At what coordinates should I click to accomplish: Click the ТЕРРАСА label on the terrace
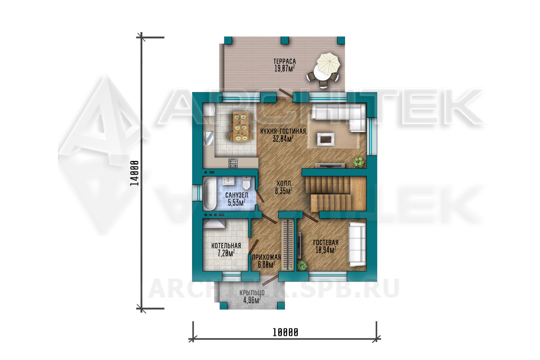284,62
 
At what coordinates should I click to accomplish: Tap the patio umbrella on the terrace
328,64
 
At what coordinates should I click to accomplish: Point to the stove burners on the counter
233,163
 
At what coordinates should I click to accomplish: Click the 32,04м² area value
283,139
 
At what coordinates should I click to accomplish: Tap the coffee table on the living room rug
326,139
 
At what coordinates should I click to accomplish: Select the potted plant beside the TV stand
359,162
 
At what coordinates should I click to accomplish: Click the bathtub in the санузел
210,194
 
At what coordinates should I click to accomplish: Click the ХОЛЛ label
284,183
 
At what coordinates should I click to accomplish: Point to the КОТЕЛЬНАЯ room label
226,246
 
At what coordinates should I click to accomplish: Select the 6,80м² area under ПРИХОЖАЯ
266,265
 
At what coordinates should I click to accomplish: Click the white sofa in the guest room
357,244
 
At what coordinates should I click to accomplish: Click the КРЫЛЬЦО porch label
252,293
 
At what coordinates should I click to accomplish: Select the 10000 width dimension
285,333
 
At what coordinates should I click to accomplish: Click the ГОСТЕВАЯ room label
326,243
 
